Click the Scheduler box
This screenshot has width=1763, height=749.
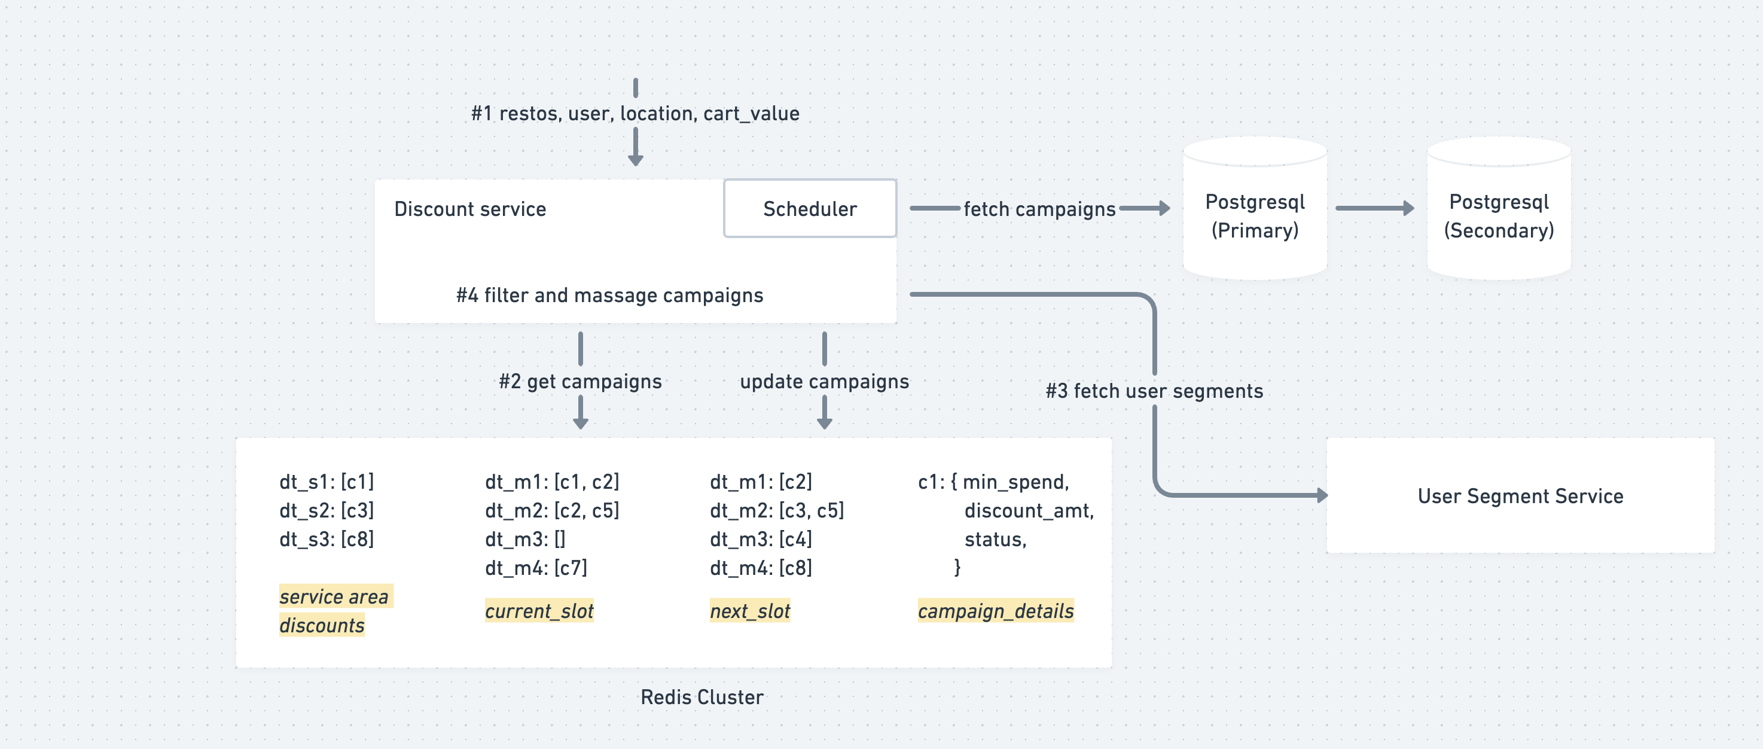click(x=810, y=208)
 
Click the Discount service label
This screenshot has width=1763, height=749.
click(x=470, y=209)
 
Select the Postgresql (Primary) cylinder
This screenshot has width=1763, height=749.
click(x=1255, y=208)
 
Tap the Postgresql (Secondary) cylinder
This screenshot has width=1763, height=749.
click(x=1499, y=208)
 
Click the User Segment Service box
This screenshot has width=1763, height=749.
click(x=1520, y=496)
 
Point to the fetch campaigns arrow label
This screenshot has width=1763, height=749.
click(x=1039, y=209)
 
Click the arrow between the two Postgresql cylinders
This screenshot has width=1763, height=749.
click(x=1375, y=208)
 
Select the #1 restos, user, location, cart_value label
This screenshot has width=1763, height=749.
click(x=635, y=113)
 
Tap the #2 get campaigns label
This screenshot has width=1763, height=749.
click(x=580, y=381)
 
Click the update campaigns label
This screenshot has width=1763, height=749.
click(x=824, y=381)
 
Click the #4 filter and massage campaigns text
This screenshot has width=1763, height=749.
click(x=609, y=295)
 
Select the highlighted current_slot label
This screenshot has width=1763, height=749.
click(x=539, y=611)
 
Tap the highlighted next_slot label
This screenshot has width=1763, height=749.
click(x=750, y=611)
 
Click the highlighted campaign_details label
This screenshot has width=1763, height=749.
click(x=996, y=611)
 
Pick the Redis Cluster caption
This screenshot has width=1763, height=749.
click(x=701, y=697)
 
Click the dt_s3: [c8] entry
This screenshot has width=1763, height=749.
click(x=327, y=540)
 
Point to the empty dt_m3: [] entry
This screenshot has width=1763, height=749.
click(x=525, y=540)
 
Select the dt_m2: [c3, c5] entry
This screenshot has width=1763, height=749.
click(x=777, y=511)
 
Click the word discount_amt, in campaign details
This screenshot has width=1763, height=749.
click(x=1029, y=511)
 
